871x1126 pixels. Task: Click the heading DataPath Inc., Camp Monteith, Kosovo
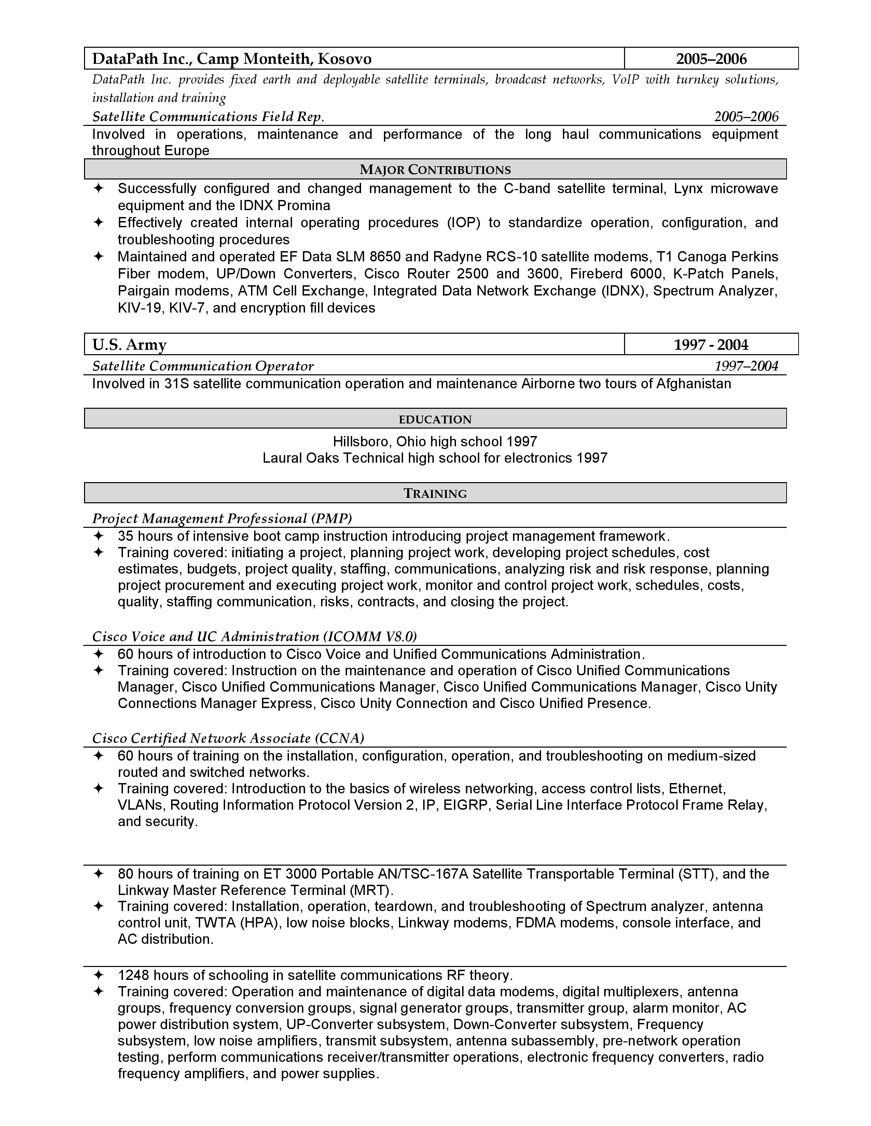pyautogui.click(x=232, y=59)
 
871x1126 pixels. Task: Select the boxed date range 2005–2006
pyautogui.click(x=711, y=59)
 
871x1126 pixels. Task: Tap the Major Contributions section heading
pyautogui.click(x=435, y=170)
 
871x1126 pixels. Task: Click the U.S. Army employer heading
pyautogui.click(x=129, y=344)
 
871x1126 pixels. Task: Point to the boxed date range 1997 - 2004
pyautogui.click(x=711, y=344)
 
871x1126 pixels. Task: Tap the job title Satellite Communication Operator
pyautogui.click(x=203, y=366)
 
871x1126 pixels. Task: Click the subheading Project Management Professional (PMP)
pyautogui.click(x=222, y=518)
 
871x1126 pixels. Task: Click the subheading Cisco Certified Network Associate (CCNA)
pyautogui.click(x=228, y=738)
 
